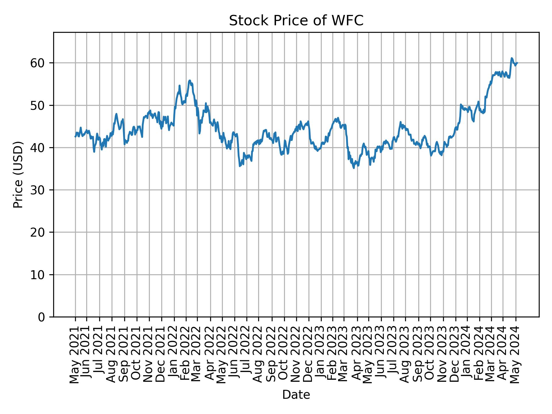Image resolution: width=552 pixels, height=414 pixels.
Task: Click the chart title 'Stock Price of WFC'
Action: (296, 21)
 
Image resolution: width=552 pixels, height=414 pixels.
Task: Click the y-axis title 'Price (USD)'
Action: (18, 175)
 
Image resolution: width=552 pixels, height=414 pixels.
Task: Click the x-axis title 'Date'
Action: (296, 395)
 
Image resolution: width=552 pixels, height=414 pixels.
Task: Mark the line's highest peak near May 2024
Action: (512, 58)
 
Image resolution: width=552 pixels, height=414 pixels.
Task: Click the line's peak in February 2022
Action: (189, 80)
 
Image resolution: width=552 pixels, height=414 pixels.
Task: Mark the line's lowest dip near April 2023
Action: (354, 168)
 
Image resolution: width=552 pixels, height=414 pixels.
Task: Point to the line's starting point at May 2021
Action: (75, 137)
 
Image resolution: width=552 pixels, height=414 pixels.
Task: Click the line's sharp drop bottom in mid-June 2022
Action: (240, 166)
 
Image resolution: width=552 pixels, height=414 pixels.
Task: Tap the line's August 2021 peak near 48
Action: (116, 114)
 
